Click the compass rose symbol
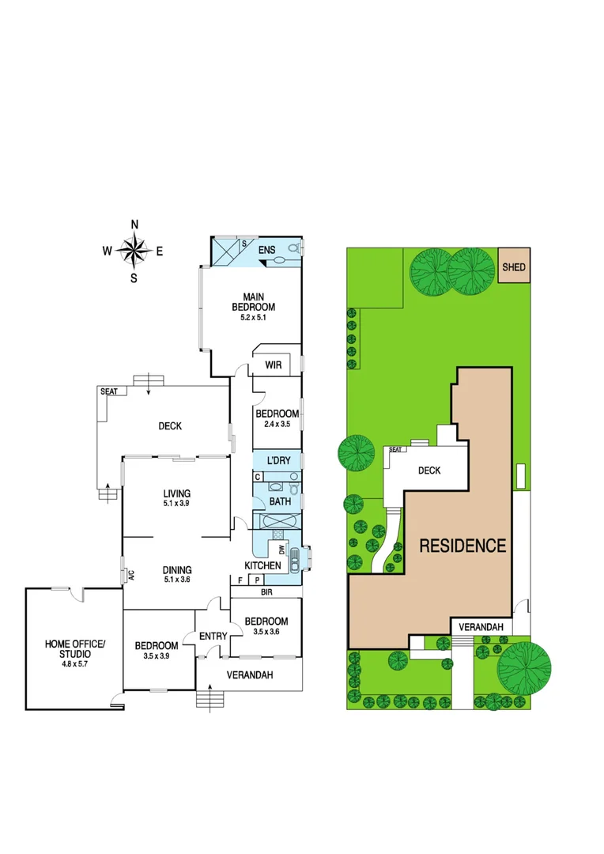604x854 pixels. point(134,251)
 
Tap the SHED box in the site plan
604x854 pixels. point(514,267)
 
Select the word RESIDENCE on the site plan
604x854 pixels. point(462,546)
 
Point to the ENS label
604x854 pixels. point(266,251)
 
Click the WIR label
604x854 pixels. point(274,365)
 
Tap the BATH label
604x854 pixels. point(280,501)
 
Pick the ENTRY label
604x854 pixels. point(213,636)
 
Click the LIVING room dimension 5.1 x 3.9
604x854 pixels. point(176,504)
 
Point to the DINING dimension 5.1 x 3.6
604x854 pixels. point(176,580)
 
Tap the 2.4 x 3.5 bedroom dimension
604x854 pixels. point(277,424)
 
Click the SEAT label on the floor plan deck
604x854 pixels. point(108,391)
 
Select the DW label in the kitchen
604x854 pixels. point(281,550)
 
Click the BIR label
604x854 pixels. point(266,591)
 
